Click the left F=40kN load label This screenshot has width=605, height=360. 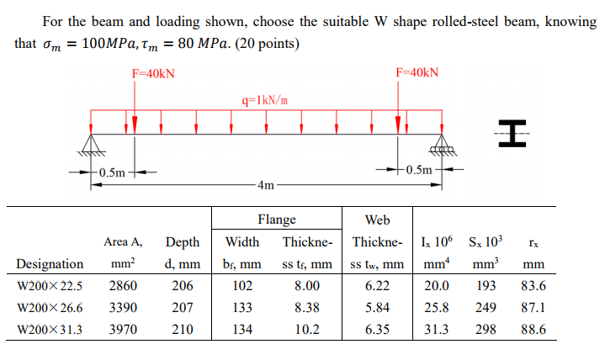(x=154, y=73)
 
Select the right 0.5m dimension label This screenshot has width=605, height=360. (x=421, y=170)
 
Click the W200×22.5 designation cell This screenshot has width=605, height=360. (x=50, y=286)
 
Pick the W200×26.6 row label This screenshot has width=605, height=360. (x=50, y=308)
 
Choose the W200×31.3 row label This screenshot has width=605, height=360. (x=50, y=330)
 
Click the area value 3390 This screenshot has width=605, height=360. (x=123, y=308)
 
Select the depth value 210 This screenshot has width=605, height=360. (x=182, y=330)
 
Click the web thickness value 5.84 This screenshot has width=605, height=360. (x=377, y=308)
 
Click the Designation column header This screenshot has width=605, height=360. (x=50, y=264)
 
